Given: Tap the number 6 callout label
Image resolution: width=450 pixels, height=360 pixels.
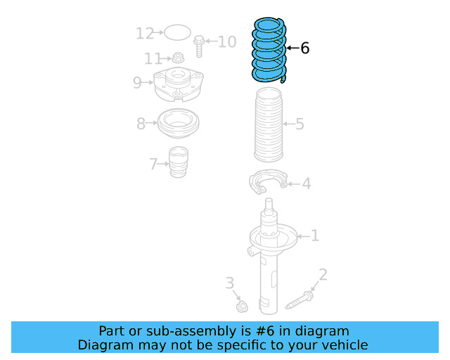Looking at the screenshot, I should (x=304, y=49).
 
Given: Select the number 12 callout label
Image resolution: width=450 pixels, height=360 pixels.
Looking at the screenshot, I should (x=145, y=33).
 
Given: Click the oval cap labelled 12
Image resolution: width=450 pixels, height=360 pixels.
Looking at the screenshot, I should (x=178, y=32).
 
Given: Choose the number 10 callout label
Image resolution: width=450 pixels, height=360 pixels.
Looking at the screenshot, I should (x=227, y=42).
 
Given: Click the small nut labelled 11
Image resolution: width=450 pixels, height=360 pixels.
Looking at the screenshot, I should (x=178, y=58).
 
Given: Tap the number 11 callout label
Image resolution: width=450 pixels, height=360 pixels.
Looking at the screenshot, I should (x=153, y=58).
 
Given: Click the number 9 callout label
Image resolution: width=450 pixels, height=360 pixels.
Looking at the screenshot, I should (x=138, y=83).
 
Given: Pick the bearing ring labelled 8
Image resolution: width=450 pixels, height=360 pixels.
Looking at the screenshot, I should (x=177, y=124).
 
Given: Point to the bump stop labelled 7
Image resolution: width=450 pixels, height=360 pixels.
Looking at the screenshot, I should (x=179, y=164).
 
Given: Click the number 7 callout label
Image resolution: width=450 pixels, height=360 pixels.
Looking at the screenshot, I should (x=153, y=165).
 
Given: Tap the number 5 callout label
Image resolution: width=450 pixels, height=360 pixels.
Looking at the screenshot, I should (x=300, y=124).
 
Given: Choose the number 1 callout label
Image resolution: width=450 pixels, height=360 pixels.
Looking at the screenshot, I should (x=314, y=236).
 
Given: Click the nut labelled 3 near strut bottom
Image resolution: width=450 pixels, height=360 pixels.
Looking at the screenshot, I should (x=243, y=307).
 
